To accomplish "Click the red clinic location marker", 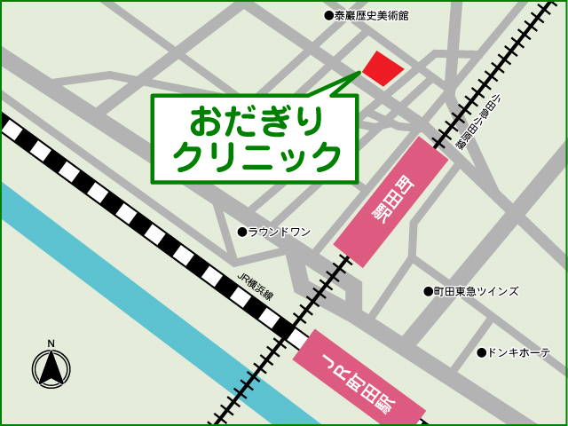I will (x=383, y=67).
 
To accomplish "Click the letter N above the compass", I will (x=51, y=343).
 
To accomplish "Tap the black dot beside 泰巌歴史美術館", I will (x=328, y=16).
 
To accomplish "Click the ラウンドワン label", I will (x=280, y=232).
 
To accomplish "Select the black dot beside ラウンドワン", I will (x=241, y=232).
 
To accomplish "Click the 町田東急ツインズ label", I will (x=477, y=291).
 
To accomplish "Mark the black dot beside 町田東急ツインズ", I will (x=427, y=291).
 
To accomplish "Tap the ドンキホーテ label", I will (x=519, y=352).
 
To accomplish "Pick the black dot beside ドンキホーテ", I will (x=481, y=352).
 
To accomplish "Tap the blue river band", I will (x=133, y=293).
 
